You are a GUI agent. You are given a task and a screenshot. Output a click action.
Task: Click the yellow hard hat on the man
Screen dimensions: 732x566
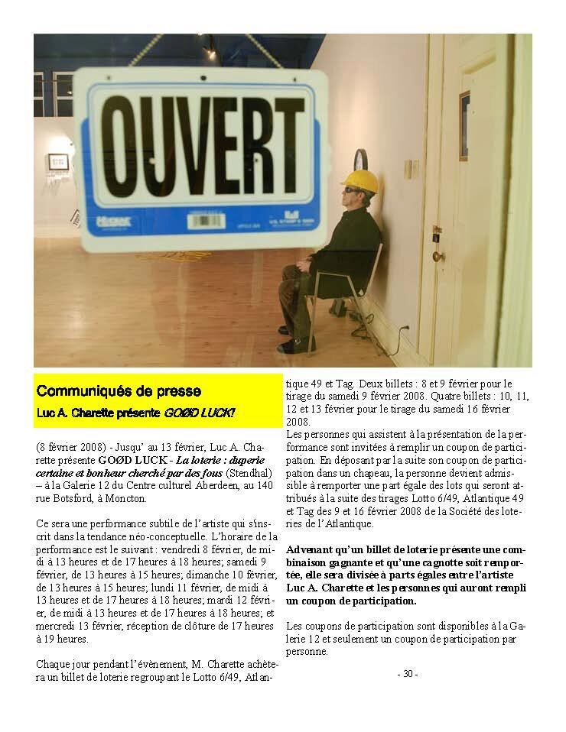[361, 181]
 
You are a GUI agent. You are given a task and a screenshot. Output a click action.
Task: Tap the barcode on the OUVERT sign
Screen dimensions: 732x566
[202, 221]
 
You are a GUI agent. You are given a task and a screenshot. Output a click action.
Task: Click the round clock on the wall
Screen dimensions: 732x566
[361, 160]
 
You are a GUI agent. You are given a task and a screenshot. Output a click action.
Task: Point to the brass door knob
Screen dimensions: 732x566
[439, 256]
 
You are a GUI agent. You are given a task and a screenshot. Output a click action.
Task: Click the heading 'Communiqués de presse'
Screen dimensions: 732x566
[119, 391]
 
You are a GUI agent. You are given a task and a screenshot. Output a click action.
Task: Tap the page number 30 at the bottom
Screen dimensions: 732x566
[408, 673]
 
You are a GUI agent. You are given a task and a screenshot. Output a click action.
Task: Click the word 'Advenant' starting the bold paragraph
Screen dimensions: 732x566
[310, 550]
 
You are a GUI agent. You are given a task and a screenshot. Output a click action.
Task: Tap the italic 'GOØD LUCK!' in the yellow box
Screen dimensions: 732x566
[200, 413]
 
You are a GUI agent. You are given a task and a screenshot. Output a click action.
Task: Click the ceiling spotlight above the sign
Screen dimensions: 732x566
[209, 52]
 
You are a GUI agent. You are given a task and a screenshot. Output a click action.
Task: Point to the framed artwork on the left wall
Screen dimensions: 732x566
[58, 161]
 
